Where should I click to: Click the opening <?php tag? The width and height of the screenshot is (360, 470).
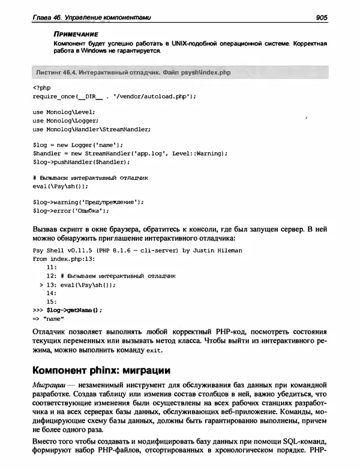click(x=40, y=88)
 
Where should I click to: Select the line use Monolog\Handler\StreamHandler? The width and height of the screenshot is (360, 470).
click(x=91, y=128)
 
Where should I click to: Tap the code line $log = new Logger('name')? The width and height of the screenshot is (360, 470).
click(x=77, y=144)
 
